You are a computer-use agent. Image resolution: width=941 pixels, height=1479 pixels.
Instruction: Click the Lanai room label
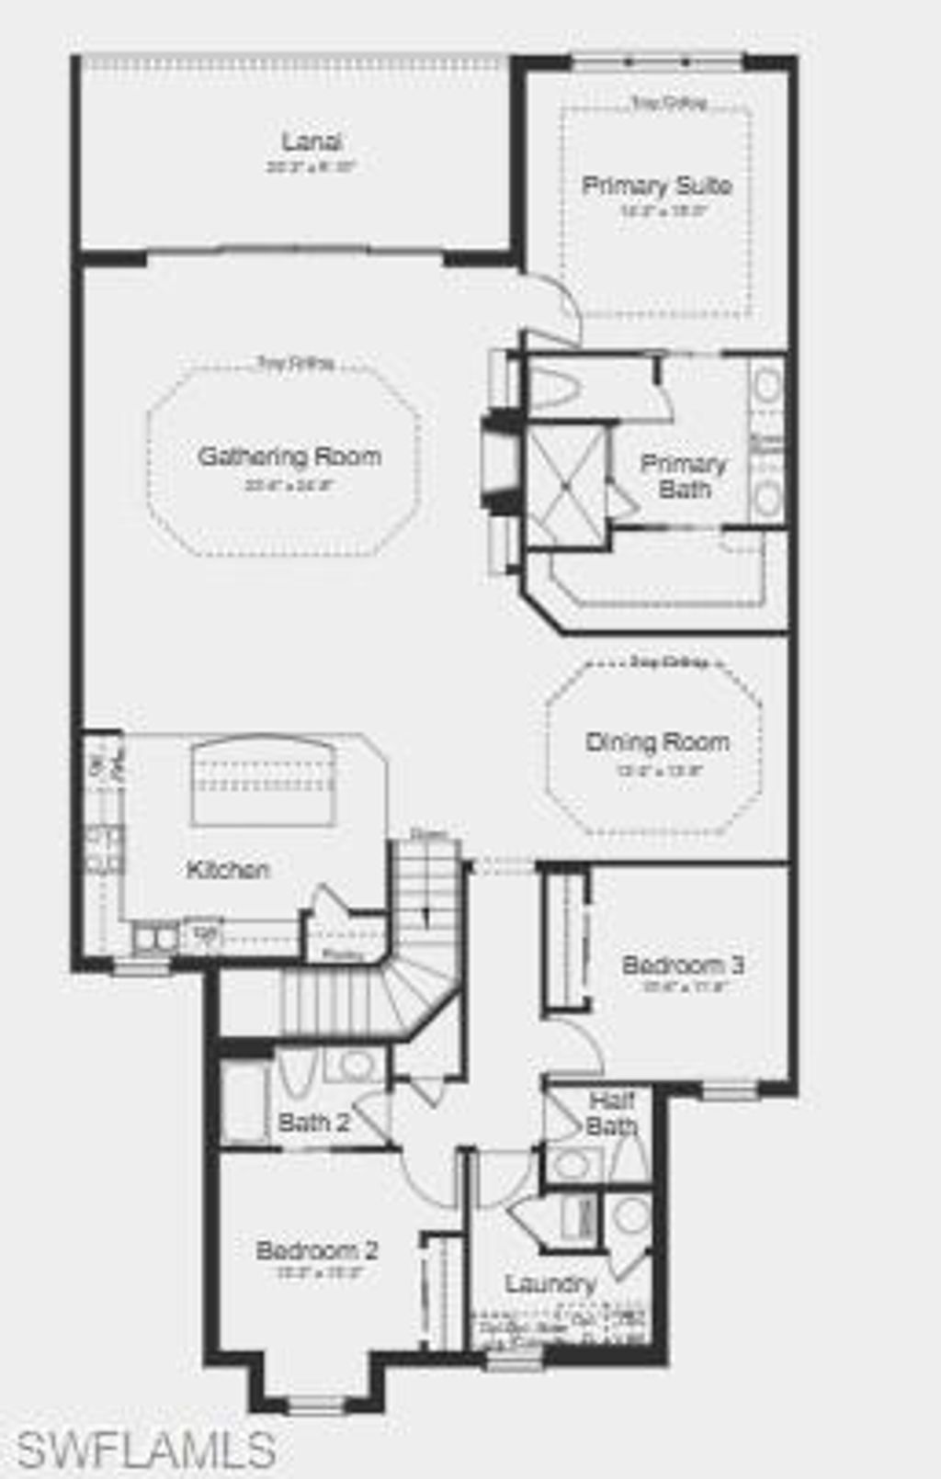[x=312, y=142]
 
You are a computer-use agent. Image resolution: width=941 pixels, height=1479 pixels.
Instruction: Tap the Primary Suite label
[x=657, y=186]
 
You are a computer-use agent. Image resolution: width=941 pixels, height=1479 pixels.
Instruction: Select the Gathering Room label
[x=289, y=457]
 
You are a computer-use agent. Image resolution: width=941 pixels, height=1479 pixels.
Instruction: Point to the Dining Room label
[x=657, y=742]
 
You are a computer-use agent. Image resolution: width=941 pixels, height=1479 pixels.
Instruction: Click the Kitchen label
[x=228, y=869]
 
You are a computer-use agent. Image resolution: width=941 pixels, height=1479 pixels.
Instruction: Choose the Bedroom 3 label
[x=683, y=965]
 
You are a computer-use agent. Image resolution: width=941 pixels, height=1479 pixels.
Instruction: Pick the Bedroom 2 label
[x=317, y=1250]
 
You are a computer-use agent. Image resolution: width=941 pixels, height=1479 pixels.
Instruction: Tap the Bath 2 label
[x=313, y=1123]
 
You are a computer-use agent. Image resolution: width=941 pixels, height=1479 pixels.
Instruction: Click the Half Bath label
[x=611, y=1113]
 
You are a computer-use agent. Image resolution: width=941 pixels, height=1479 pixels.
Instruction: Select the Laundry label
[x=550, y=1283]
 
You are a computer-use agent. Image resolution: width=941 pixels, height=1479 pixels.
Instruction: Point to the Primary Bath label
[x=684, y=476]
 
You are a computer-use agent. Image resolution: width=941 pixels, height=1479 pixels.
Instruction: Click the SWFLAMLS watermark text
[x=147, y=1450]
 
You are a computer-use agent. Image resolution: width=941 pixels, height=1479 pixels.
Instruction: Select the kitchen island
[x=263, y=783]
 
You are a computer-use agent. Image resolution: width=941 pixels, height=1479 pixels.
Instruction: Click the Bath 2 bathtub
[x=244, y=1102]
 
